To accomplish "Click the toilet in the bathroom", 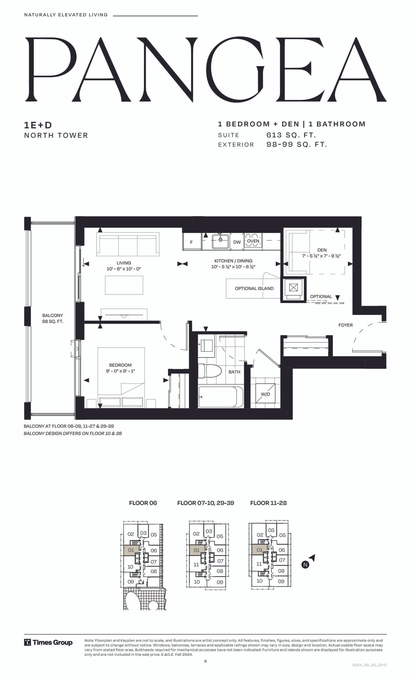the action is pyautogui.click(x=210, y=372).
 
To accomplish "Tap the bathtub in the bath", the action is pyautogui.click(x=221, y=397).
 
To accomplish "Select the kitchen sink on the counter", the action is pyautogui.click(x=220, y=241).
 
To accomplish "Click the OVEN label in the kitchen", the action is pyautogui.click(x=253, y=241).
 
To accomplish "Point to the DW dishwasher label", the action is pyautogui.click(x=237, y=242).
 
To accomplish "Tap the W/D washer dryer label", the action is pyautogui.click(x=265, y=394).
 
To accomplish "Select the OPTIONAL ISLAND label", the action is pyautogui.click(x=254, y=288).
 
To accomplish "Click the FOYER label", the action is pyautogui.click(x=345, y=325).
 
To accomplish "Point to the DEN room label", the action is pyautogui.click(x=322, y=250).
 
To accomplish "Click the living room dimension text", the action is pyautogui.click(x=124, y=269).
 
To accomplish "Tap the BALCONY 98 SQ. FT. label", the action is pyautogui.click(x=52, y=318).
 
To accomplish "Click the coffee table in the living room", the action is pyautogui.click(x=124, y=285).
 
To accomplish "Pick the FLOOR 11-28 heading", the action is pyautogui.click(x=268, y=503).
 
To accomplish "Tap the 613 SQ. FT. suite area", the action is pyautogui.click(x=291, y=135).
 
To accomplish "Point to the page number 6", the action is pyautogui.click(x=206, y=661).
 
